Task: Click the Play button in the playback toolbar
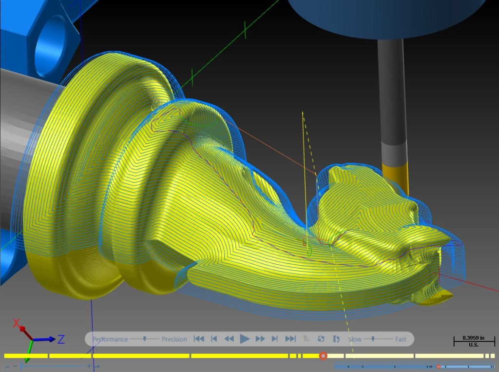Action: click(x=245, y=339)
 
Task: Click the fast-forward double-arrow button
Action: click(x=260, y=339)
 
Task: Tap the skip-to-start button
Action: click(x=199, y=339)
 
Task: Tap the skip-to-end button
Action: click(x=290, y=339)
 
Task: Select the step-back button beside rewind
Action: click(x=214, y=339)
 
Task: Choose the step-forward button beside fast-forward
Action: click(x=275, y=339)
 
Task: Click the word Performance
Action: click(x=110, y=339)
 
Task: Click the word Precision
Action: click(x=174, y=339)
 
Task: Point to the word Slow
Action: click(x=355, y=339)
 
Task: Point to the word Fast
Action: click(x=401, y=339)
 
